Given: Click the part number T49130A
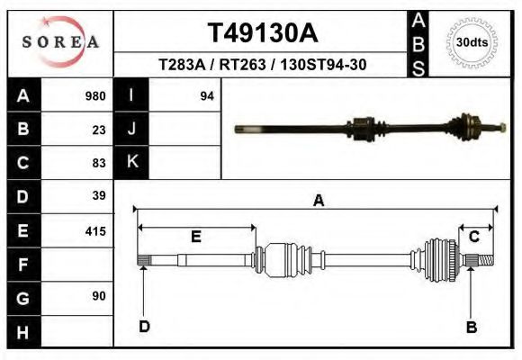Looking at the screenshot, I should pos(263,33).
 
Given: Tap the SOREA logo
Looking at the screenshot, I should pos(60,42).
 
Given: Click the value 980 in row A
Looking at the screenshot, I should pos(94,96).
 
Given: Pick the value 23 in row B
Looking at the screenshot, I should pos(99,130).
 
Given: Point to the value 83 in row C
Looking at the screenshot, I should pos(99,163).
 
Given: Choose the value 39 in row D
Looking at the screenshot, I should pos(99,195).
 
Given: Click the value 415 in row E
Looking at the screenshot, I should pos(94,231).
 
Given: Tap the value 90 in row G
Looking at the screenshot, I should pos(99,296).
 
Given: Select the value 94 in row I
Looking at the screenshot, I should pos(206,96).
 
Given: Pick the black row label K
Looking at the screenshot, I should pos(131,162).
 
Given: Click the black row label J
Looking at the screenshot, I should pos(131,129).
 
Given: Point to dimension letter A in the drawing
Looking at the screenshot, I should pos(318,201).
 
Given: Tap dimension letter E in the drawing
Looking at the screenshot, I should pos(195,237).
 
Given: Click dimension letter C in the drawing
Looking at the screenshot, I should pos(473,237).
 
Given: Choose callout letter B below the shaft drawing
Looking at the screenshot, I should pos(471,327).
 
